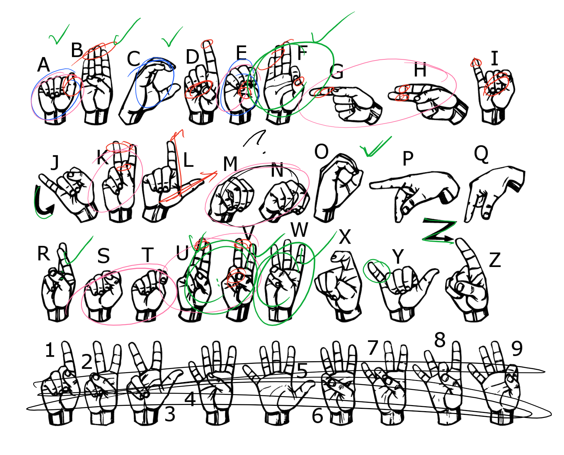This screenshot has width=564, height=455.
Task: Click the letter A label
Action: pos(44,65)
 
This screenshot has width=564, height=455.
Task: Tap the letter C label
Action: pos(133,59)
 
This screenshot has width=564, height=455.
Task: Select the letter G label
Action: pos(337,71)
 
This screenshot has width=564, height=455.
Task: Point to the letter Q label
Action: pos(481,155)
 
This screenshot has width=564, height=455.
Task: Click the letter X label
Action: pos(345,237)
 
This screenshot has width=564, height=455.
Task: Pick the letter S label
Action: pos(103,256)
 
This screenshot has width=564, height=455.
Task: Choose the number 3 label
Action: pos(170,414)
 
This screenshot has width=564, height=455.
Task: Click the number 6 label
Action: pos(317,416)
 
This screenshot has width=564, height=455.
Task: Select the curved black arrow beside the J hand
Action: pos(42,203)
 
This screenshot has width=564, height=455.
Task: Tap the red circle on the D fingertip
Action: pos(207,44)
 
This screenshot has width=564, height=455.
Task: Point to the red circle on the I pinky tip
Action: pos(476,63)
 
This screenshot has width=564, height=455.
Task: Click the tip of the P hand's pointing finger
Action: pos(372,186)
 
